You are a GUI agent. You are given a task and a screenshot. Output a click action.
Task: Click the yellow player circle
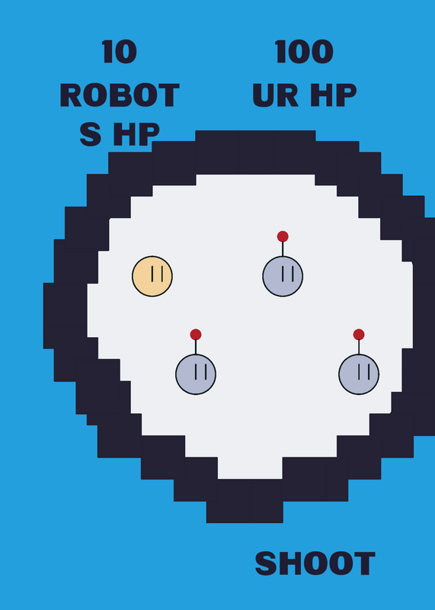coord(152,276)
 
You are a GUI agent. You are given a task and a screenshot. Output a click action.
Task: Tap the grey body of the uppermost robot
coord(283,276)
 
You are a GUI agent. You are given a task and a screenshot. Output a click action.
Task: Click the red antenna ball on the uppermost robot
coord(283,236)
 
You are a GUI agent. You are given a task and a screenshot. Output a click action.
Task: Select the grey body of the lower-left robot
coord(196,374)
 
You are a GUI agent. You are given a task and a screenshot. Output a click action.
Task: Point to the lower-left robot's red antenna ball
coord(196,334)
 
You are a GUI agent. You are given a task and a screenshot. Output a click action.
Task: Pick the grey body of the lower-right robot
coord(359,374)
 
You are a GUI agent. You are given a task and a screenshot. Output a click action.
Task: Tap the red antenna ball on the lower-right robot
coord(359,334)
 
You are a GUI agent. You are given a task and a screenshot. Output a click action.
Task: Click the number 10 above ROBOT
coord(120,52)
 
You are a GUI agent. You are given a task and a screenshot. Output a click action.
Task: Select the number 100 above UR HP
coord(304,52)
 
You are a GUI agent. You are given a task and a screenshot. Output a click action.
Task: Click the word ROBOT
coord(120,95)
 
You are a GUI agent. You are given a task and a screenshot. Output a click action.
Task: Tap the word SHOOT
coord(315,563)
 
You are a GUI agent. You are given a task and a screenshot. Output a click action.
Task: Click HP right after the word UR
coord(333,95)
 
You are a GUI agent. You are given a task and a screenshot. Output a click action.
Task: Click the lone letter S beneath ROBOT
coord(91,134)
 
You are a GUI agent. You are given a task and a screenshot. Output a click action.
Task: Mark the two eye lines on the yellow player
coord(157,274)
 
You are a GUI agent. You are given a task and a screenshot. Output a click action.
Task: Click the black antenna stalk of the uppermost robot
coord(283,249)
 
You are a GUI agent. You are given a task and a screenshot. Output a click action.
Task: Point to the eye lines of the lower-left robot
coord(200,371)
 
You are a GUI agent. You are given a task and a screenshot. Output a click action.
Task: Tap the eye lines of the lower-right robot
coord(364,371)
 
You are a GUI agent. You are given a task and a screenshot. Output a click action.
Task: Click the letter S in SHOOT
coord(266,563)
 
